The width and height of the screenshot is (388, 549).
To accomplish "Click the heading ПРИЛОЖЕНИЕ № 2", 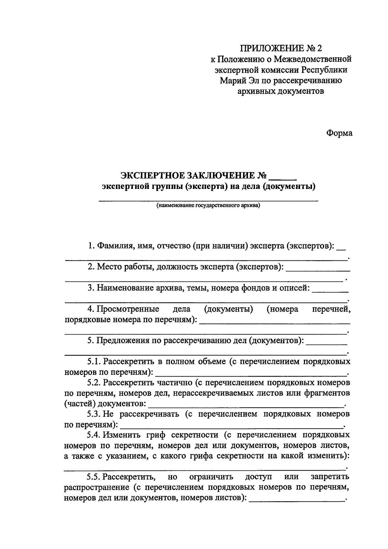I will (x=281, y=49).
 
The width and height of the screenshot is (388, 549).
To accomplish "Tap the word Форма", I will (x=339, y=133).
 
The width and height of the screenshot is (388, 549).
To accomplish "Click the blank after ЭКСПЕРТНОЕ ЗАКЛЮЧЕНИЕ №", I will (x=283, y=176).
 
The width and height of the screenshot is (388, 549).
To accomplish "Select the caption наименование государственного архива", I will (x=208, y=205).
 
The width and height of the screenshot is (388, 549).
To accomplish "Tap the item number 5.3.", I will (x=94, y=414).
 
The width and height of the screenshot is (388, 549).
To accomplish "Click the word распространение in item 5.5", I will (x=96, y=487).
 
